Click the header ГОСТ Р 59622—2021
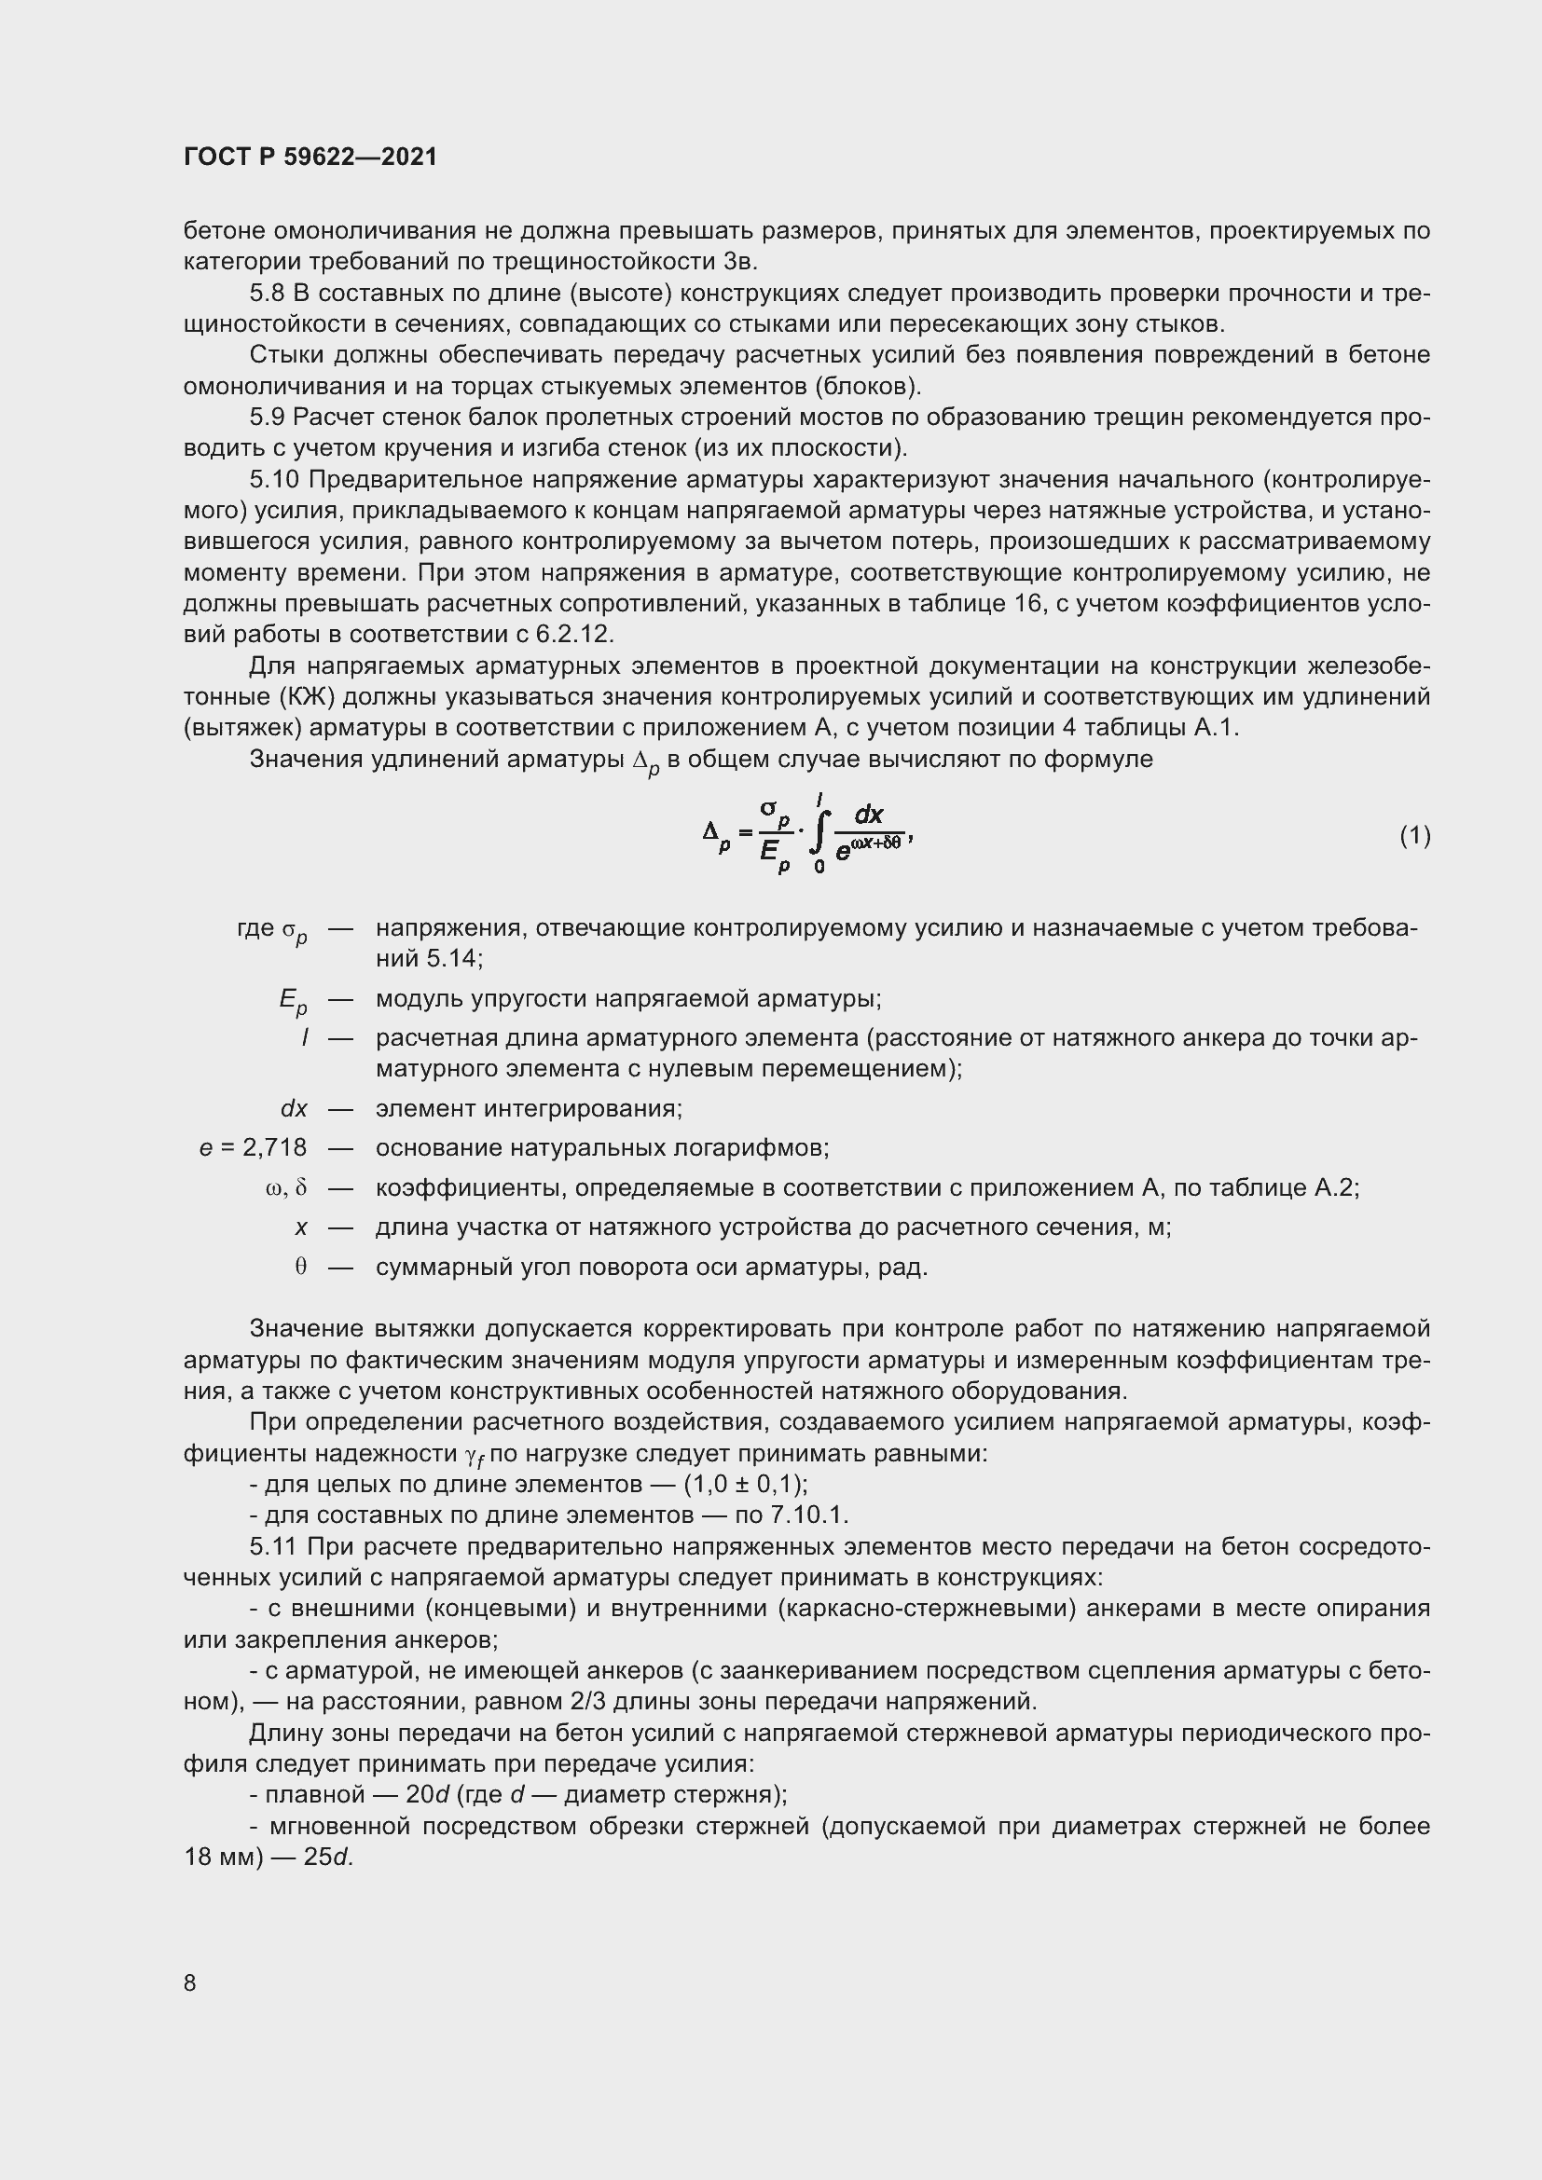[x=310, y=158]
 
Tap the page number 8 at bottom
[x=190, y=1982]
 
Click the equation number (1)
[x=1415, y=835]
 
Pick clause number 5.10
[x=273, y=480]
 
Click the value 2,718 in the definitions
[x=274, y=1148]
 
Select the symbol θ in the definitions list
[x=300, y=1268]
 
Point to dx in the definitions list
[x=294, y=1108]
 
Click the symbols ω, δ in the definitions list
[x=287, y=1187]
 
